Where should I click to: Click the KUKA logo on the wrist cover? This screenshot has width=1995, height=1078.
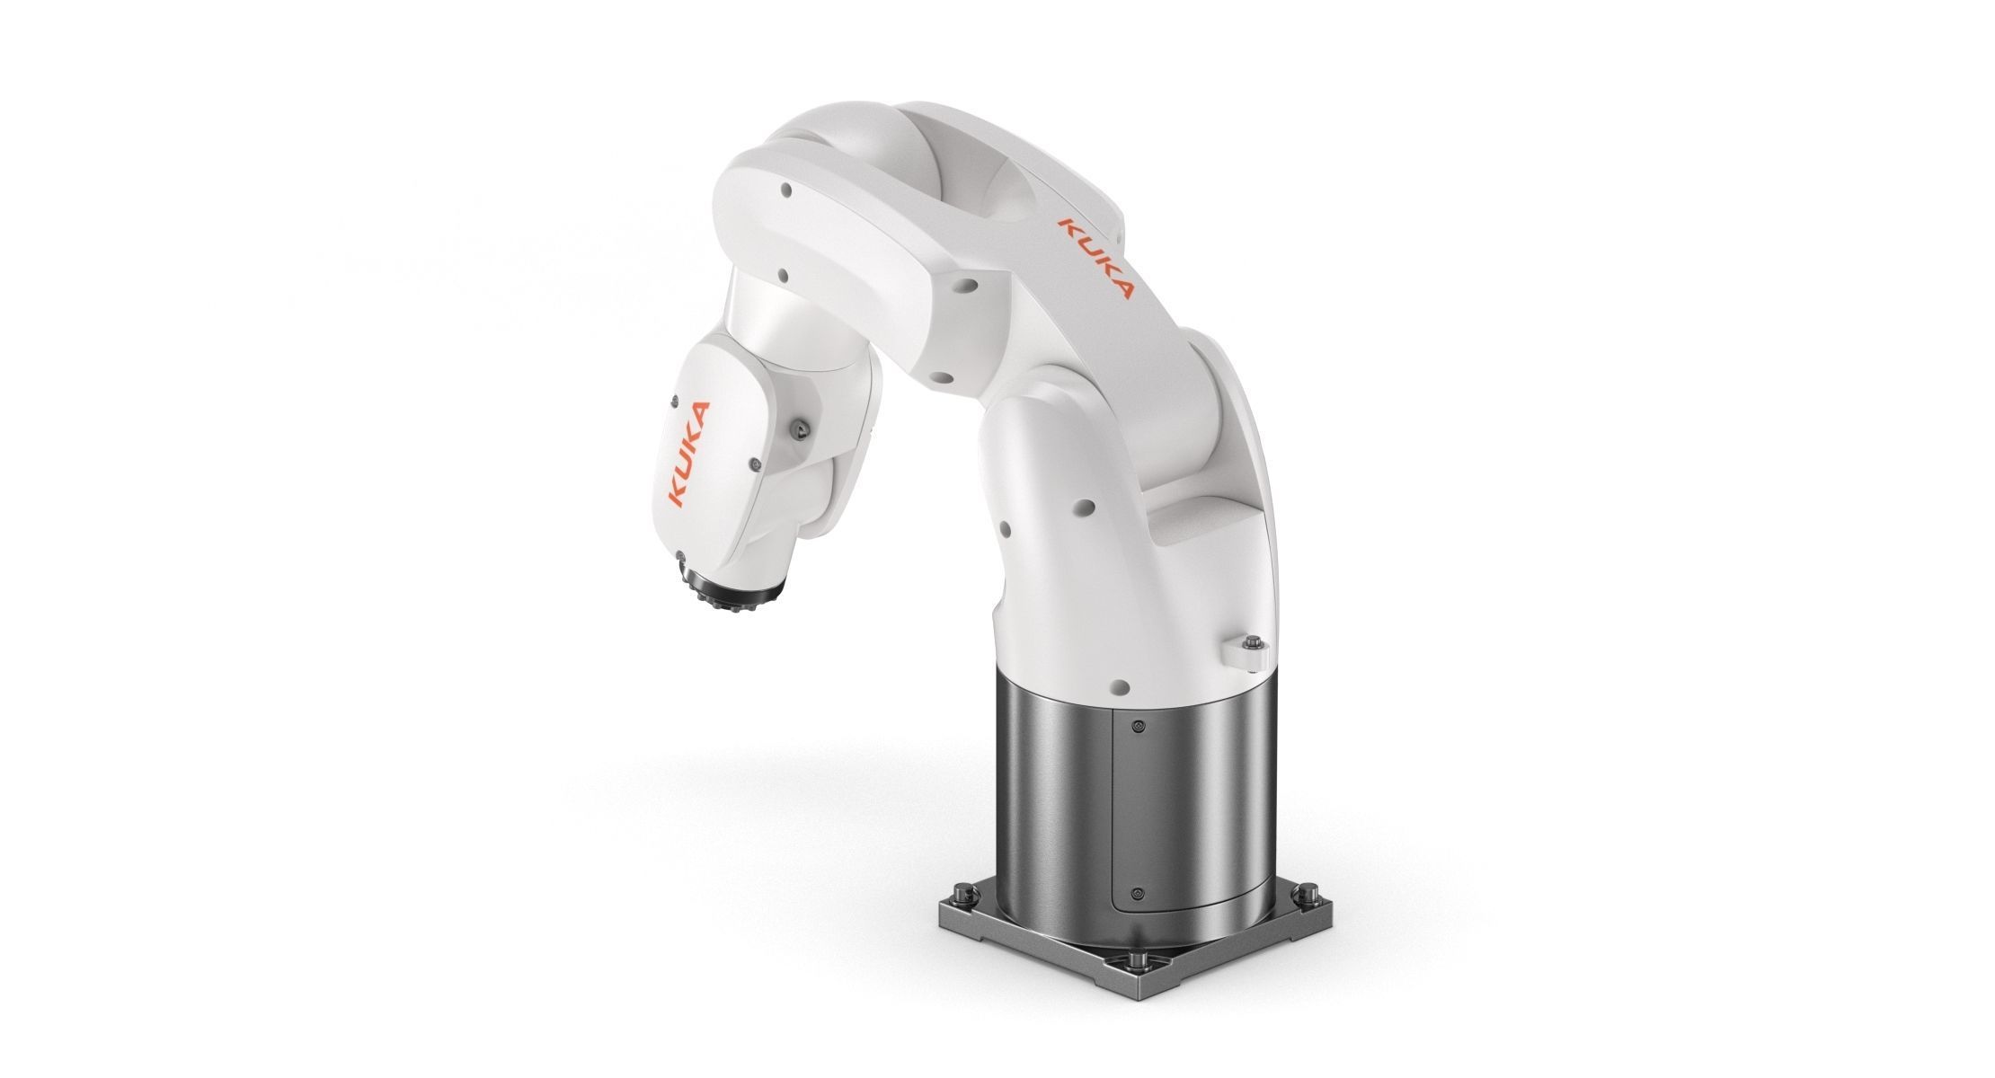(688, 455)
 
